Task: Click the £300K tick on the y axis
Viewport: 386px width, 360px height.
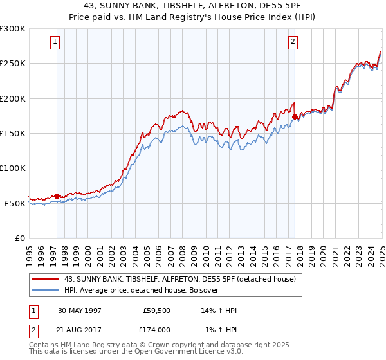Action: tap(12, 29)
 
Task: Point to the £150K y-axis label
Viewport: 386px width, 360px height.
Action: tap(12, 133)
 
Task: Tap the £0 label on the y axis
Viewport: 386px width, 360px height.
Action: tap(19, 238)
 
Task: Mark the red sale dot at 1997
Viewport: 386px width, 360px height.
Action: tap(57, 196)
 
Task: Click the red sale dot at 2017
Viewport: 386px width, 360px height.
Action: tap(295, 117)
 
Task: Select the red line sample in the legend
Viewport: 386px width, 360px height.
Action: tap(46, 279)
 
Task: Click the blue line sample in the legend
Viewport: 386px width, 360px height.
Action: tap(46, 290)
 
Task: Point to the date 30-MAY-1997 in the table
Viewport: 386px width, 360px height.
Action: tap(80, 310)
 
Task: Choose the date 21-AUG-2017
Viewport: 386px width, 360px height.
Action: tap(80, 329)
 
